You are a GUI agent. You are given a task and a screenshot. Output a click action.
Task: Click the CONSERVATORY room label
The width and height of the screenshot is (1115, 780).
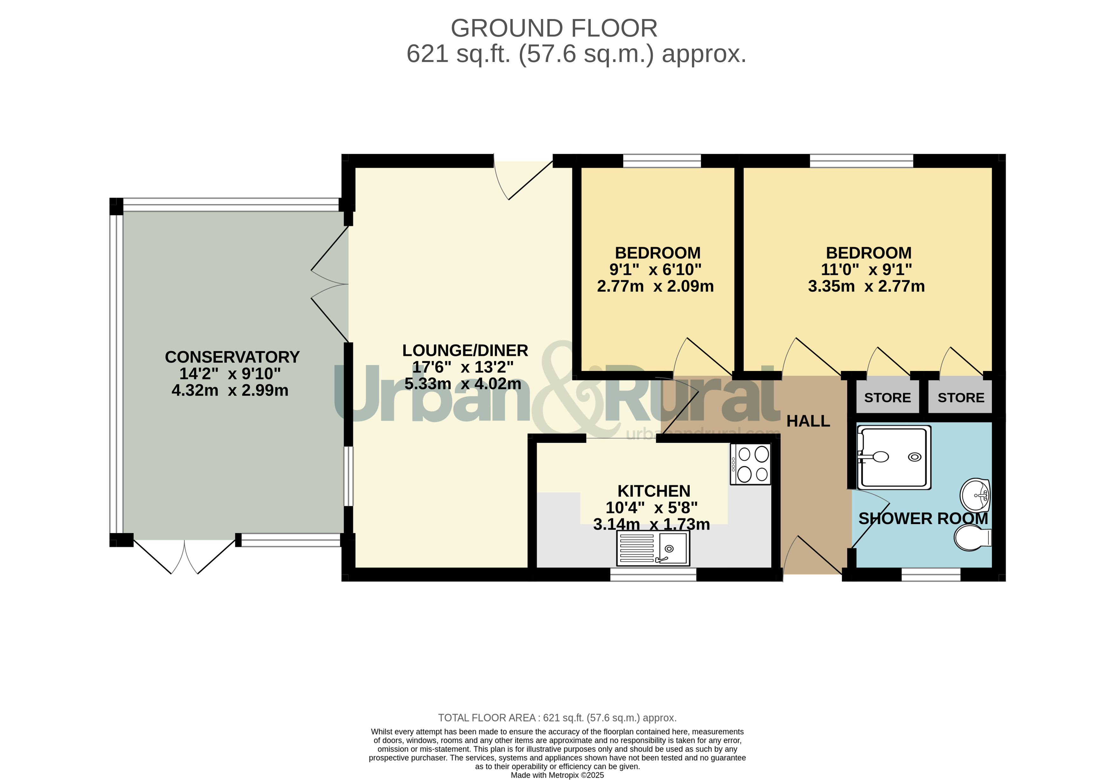point(232,357)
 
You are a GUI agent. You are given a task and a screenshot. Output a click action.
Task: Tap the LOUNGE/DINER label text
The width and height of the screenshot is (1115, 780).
point(465,351)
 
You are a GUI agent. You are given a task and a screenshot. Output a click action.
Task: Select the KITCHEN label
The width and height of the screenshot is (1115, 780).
point(654,491)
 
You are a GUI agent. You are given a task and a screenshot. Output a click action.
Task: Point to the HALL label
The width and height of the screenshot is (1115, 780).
point(808,421)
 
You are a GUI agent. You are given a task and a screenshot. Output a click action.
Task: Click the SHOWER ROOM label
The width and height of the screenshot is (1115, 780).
point(923,518)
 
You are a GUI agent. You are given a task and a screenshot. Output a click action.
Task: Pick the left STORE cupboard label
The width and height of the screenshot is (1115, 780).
point(887,398)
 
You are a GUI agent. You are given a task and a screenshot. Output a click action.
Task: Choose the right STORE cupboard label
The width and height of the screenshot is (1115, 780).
point(960,398)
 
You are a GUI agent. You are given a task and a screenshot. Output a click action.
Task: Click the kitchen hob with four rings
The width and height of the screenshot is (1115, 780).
point(750,464)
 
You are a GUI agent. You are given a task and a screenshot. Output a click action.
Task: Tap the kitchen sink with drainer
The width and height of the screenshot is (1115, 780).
point(653,548)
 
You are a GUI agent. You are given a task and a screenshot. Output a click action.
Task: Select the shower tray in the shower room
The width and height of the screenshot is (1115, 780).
point(894,457)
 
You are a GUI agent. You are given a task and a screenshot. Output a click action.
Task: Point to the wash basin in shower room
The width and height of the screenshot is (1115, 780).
point(975,496)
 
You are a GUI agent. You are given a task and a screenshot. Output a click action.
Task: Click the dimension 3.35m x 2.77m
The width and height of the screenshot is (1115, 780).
point(866,286)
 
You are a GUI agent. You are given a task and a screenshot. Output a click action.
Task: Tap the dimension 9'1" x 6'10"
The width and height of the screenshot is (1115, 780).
point(655,270)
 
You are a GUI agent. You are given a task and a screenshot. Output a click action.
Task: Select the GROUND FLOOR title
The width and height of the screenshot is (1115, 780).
point(554,28)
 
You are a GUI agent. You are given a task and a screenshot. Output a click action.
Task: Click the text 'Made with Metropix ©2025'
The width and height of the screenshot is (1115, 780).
point(557,775)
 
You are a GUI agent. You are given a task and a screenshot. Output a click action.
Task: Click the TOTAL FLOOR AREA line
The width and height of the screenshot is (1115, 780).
point(557,718)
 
